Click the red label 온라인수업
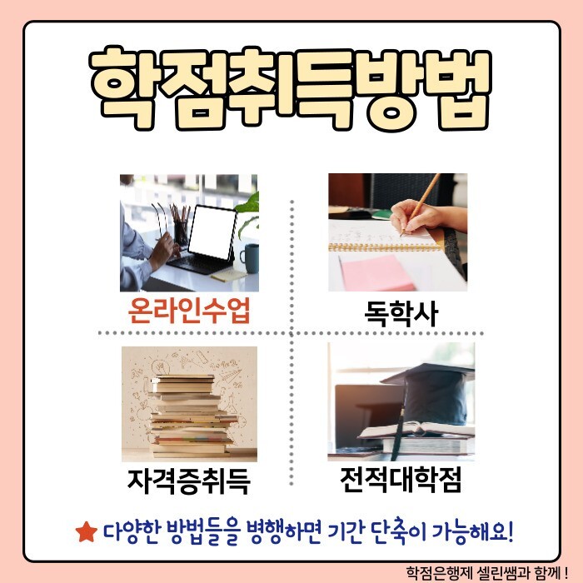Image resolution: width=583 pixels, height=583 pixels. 189,311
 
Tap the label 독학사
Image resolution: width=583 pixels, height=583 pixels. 401,313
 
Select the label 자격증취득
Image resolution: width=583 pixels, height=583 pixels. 189,481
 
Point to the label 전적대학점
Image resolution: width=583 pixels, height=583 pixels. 401,479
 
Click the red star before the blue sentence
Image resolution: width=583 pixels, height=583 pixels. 87,532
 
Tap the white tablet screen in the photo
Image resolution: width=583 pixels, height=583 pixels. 212,232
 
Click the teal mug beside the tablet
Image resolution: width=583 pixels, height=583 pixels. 250,258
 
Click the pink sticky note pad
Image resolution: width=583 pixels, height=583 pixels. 376,274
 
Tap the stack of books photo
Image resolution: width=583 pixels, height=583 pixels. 189,404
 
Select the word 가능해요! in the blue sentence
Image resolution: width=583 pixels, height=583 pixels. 473,532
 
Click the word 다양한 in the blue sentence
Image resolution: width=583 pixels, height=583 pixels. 132,533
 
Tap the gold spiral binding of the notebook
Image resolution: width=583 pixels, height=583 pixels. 385,247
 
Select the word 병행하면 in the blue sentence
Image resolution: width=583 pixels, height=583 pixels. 284,532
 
